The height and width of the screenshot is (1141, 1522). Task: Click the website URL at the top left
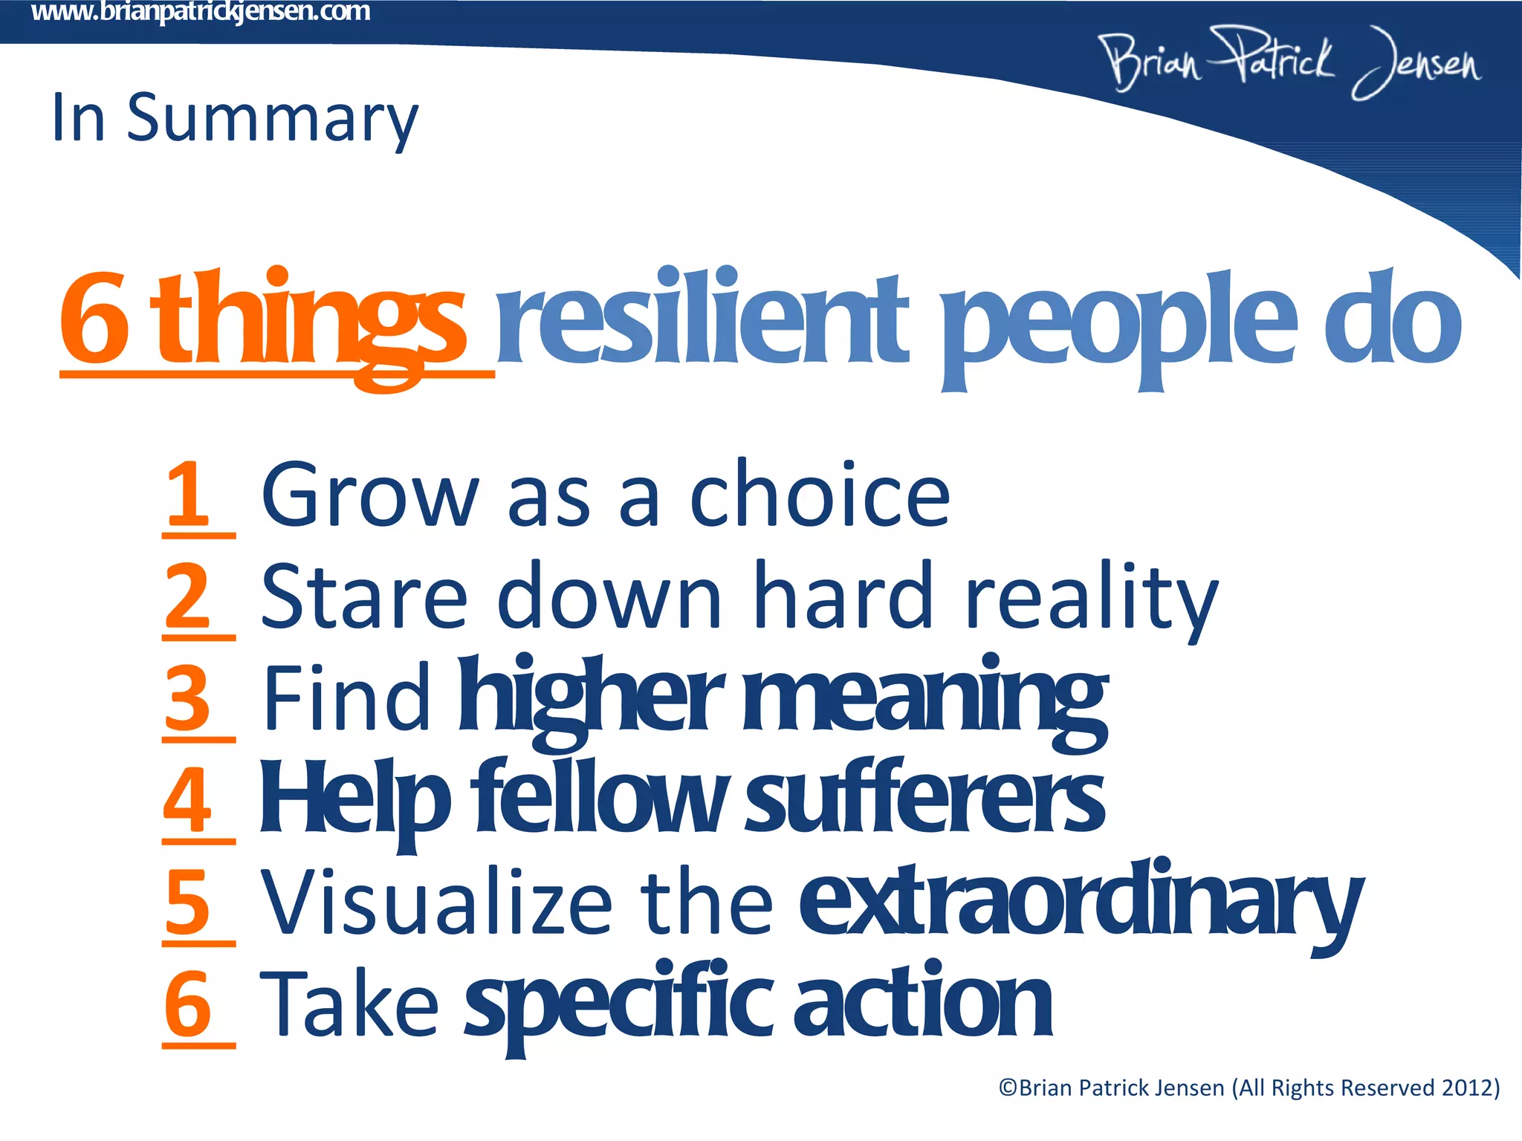[x=201, y=13]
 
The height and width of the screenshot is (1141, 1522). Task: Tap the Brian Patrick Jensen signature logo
[x=1289, y=63]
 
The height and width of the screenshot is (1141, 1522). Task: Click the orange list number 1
[x=188, y=494]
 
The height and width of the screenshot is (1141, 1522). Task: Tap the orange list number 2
[x=188, y=596]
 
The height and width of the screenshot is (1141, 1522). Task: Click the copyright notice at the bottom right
[x=1249, y=1088]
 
